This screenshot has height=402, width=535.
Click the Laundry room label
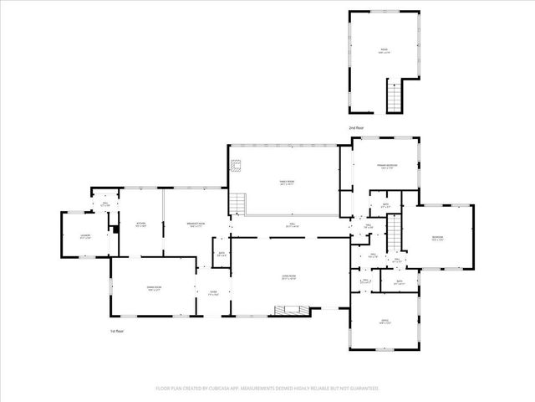(84, 236)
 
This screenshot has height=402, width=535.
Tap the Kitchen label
(141, 223)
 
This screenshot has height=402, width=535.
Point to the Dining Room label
(153, 288)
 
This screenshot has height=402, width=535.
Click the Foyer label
(213, 292)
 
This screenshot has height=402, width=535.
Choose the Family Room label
(287, 182)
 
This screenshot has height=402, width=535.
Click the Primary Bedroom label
(386, 167)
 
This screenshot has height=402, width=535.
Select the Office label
(385, 321)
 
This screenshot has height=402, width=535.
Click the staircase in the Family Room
(240, 202)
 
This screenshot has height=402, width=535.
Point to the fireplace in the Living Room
(292, 312)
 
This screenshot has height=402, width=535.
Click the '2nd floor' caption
(357, 127)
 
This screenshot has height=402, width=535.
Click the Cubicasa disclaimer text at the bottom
(267, 389)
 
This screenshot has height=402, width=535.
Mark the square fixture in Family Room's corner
(237, 164)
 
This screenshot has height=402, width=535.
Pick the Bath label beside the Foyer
(222, 254)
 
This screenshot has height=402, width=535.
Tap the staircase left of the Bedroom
(394, 227)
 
